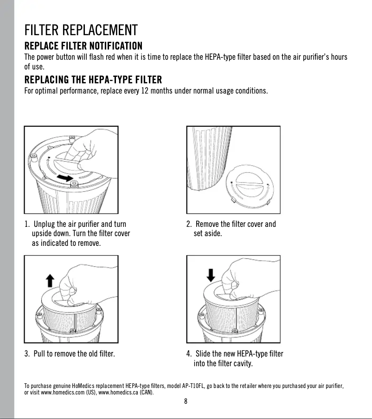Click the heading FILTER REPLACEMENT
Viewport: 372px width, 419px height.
point(81,30)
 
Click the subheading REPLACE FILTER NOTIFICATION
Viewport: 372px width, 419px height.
point(83,46)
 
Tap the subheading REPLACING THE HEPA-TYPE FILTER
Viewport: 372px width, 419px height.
point(93,80)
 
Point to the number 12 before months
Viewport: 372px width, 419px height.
point(145,91)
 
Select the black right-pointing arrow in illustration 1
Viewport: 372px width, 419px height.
point(65,178)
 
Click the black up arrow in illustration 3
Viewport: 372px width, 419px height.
point(50,281)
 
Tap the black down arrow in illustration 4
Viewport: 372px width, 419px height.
point(211,275)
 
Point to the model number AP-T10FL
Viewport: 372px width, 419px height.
point(193,386)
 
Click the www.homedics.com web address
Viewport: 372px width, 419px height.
point(63,393)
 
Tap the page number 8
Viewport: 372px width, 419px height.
point(186,401)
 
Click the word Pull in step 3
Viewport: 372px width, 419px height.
point(39,354)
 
